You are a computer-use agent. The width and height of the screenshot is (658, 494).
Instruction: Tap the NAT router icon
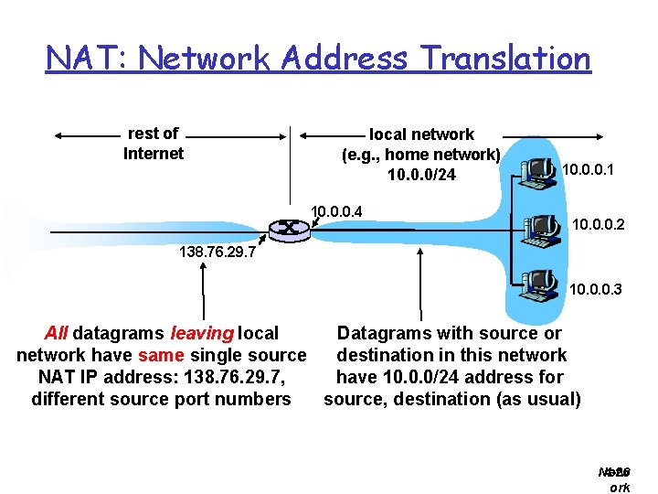click(x=289, y=229)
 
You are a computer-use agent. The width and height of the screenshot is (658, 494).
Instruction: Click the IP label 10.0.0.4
click(x=336, y=211)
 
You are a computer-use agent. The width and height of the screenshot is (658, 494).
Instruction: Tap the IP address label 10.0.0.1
click(x=588, y=169)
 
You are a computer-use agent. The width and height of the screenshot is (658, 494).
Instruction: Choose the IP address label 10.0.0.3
click(x=595, y=290)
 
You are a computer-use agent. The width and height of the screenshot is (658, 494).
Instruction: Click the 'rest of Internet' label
click(x=153, y=144)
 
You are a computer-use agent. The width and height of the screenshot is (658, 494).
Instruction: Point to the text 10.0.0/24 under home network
click(x=421, y=175)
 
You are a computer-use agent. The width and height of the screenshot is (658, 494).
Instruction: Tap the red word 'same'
click(x=161, y=355)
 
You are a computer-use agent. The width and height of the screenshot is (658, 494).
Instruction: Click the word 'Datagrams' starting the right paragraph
click(x=380, y=333)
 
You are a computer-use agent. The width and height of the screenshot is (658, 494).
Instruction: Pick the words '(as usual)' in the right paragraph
click(x=537, y=399)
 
